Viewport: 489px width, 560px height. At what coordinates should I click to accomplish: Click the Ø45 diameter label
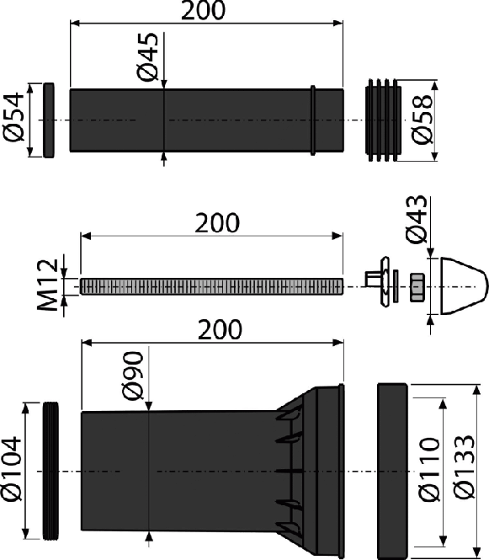tap(147, 57)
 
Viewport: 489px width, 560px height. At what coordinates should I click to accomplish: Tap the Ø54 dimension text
tap(13, 118)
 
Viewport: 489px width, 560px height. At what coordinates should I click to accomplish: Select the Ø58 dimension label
tap(422, 120)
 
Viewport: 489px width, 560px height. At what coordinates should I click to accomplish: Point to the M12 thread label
tap(47, 285)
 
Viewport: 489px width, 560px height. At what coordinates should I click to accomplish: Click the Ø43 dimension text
tap(416, 219)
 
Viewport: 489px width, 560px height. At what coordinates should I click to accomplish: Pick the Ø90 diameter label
tap(133, 376)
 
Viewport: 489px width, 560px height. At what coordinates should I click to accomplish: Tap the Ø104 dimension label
tap(11, 469)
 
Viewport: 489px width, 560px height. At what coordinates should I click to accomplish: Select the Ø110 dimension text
tap(428, 470)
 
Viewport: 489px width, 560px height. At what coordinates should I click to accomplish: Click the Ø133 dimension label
tap(465, 467)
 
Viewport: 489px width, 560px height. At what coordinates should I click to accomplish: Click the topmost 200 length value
tap(203, 10)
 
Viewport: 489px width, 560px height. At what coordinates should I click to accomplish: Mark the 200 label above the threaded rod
tap(217, 223)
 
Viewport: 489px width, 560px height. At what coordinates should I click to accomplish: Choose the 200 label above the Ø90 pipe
tap(220, 329)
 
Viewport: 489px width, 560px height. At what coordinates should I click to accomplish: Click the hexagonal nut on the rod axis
tap(417, 287)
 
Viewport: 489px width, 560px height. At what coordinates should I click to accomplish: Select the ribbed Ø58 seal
tap(383, 120)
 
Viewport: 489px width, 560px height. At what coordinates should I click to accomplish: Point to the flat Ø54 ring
tap(49, 120)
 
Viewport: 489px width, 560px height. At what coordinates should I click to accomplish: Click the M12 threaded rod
tap(211, 286)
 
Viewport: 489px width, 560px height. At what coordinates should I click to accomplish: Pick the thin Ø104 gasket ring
tap(51, 471)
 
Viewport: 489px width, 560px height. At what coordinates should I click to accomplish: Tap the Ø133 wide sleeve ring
tap(392, 471)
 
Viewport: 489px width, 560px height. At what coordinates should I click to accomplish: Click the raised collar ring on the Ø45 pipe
tap(313, 120)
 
